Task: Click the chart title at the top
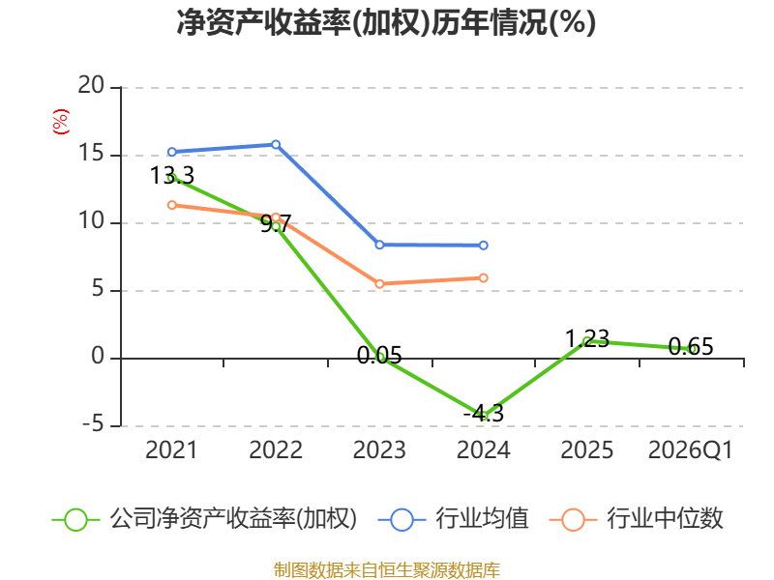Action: click(x=386, y=22)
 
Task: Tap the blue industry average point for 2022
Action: click(x=276, y=144)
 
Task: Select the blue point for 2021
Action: click(x=172, y=152)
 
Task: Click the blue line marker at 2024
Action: click(x=483, y=246)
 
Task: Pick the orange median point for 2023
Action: click(x=379, y=283)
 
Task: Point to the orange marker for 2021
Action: click(x=172, y=205)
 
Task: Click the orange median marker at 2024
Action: click(x=483, y=278)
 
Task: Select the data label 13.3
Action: click(x=172, y=176)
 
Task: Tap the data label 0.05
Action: click(x=379, y=355)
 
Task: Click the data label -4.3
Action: click(x=483, y=414)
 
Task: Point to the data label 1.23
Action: click(x=587, y=339)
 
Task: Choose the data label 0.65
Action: click(x=691, y=347)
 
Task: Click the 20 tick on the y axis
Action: click(x=91, y=86)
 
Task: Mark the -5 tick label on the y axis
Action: click(x=93, y=424)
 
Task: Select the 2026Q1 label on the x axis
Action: click(x=690, y=450)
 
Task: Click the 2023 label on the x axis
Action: click(x=379, y=450)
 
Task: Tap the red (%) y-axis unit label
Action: click(x=61, y=122)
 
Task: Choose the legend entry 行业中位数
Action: click(x=637, y=519)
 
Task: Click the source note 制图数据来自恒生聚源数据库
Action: click(x=387, y=570)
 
